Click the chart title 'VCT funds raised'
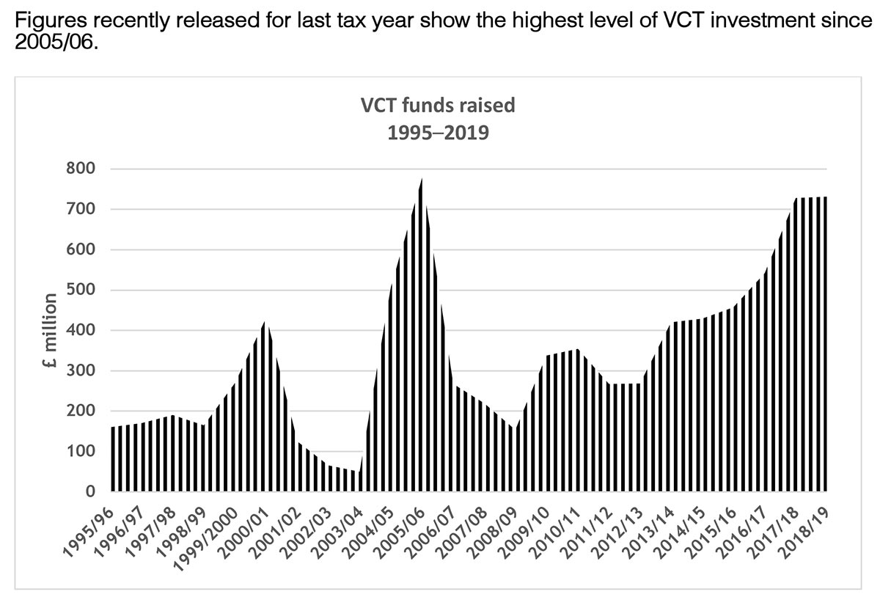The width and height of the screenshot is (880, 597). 438,105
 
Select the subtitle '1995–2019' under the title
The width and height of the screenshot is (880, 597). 438,134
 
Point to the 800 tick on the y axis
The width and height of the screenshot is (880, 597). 82,169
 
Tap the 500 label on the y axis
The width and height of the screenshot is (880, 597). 82,290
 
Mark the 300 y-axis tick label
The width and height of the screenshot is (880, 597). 82,371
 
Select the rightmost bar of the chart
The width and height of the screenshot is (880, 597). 825,345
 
